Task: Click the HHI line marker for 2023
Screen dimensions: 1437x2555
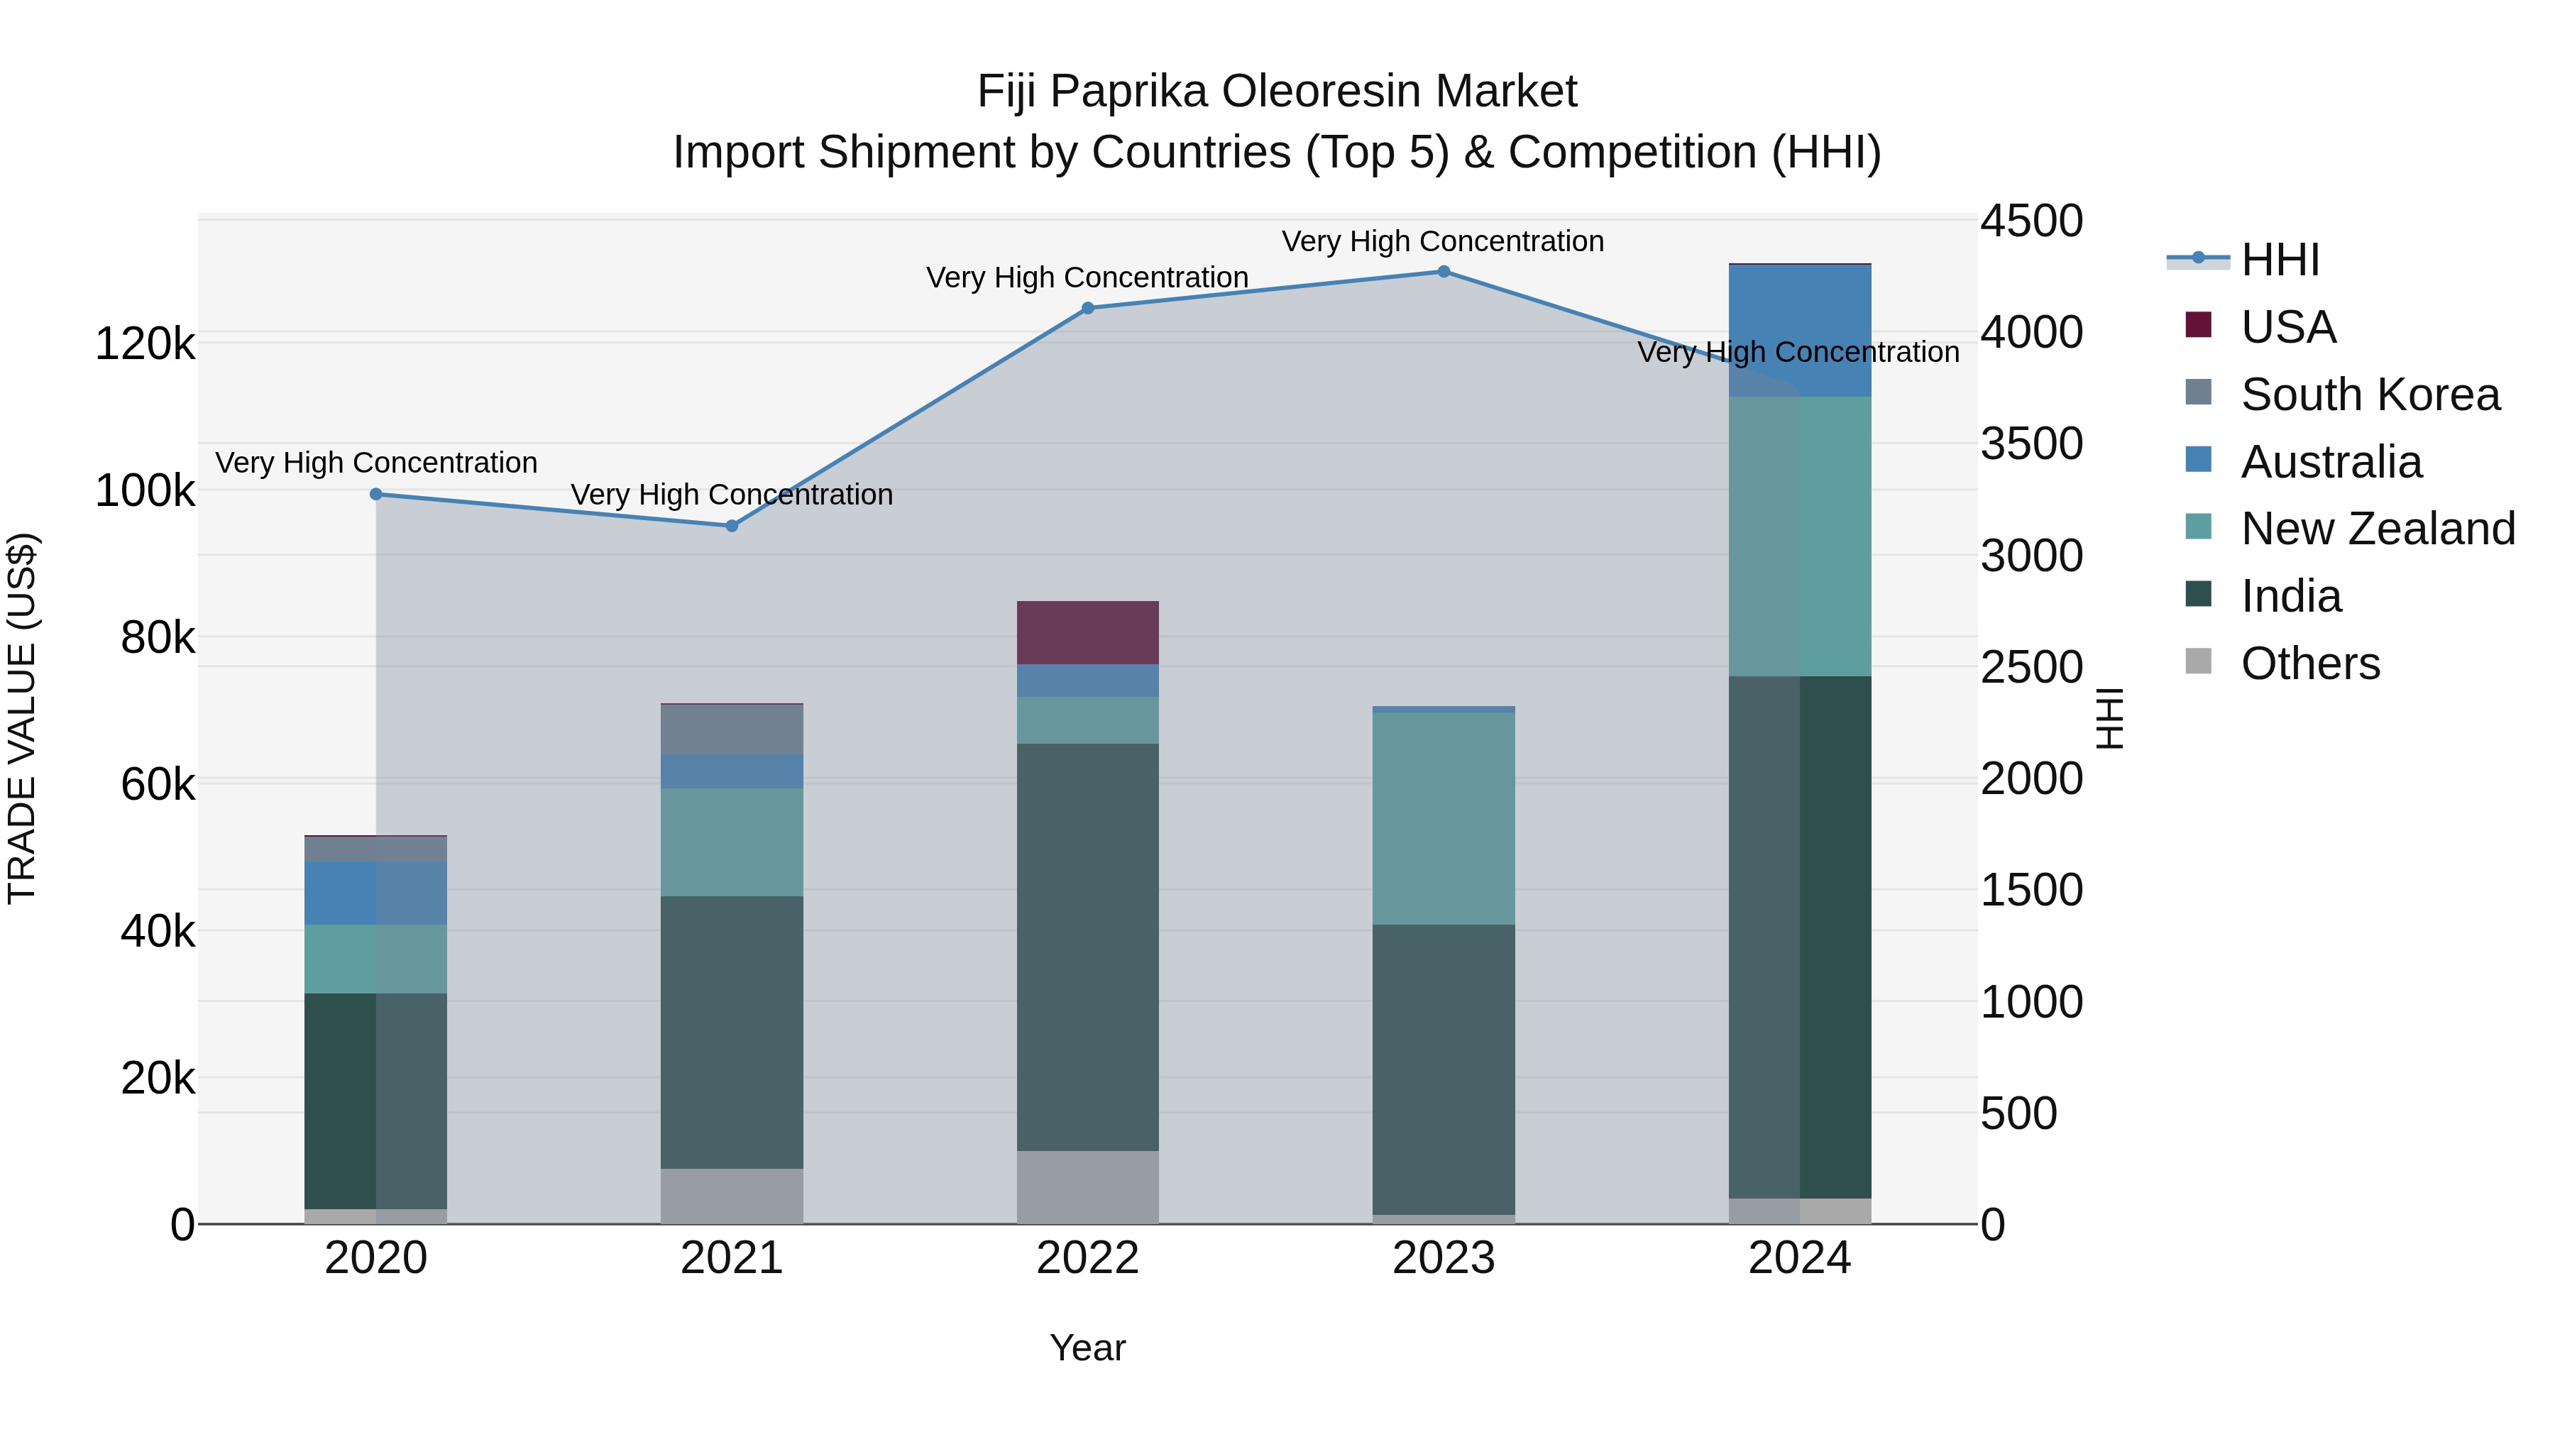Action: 1443,272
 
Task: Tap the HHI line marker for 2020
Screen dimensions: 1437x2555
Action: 376,494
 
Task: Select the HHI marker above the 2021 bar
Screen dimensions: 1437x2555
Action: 732,526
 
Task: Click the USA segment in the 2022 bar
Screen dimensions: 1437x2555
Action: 1088,633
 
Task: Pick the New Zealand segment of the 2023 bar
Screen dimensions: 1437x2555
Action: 1443,818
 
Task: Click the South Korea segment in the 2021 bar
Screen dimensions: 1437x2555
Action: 732,730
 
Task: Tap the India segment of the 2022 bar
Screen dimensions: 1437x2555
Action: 1088,947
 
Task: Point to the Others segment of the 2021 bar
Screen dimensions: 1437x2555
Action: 732,1196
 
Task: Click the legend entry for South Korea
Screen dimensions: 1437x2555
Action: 2370,395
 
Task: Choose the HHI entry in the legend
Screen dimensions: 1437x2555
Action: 2279,260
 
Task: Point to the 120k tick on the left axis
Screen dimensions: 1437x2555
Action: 145,344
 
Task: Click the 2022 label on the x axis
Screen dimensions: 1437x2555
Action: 1088,1258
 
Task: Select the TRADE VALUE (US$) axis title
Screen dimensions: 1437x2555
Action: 22,718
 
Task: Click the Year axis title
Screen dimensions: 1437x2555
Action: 1088,1348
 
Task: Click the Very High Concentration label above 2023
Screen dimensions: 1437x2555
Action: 1442,241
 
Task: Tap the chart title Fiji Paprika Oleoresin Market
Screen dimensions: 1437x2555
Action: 1277,92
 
